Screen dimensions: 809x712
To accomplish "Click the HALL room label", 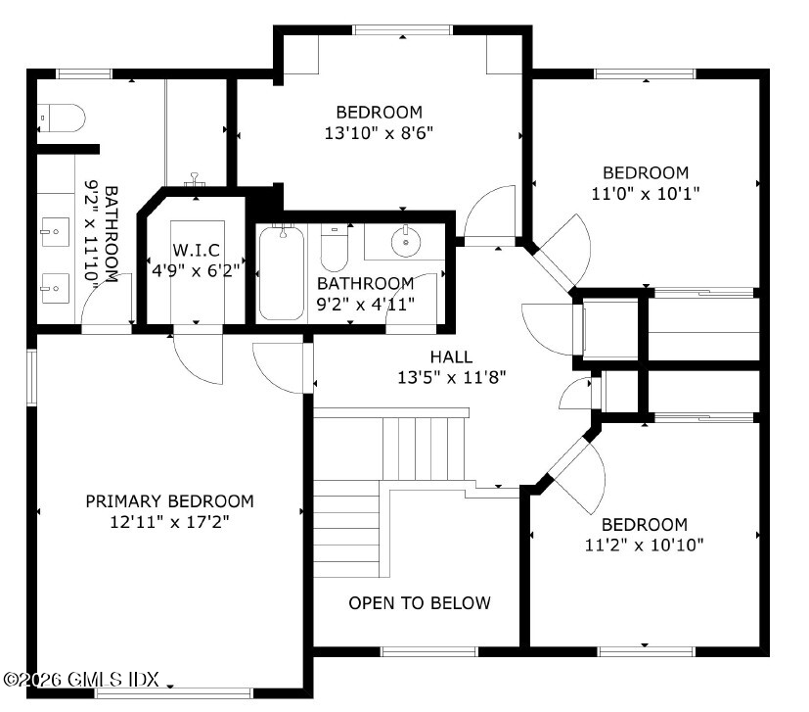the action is coord(451,356).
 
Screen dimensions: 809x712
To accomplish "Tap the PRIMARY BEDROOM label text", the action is coord(170,501).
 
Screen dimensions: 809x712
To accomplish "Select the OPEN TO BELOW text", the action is coord(420,603).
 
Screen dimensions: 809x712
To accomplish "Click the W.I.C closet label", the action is coord(196,250).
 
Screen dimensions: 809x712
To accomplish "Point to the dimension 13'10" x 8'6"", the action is coord(379,133).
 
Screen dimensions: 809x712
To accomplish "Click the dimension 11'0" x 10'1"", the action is coord(646,194).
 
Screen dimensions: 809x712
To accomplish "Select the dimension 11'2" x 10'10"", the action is coord(645,546).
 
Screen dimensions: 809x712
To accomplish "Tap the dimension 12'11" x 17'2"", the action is coord(170,522).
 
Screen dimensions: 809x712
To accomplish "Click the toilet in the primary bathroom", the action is coord(61,118).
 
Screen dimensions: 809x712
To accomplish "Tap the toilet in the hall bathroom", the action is coord(334,247).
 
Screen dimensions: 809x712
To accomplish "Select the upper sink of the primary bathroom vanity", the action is coord(54,232).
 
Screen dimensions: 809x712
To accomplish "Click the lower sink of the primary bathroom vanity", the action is coord(55,288).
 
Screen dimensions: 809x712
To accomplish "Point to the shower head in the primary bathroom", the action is coord(195,180).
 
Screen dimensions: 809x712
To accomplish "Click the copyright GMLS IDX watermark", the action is coord(81,679).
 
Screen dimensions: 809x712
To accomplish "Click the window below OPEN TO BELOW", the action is coord(429,651).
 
